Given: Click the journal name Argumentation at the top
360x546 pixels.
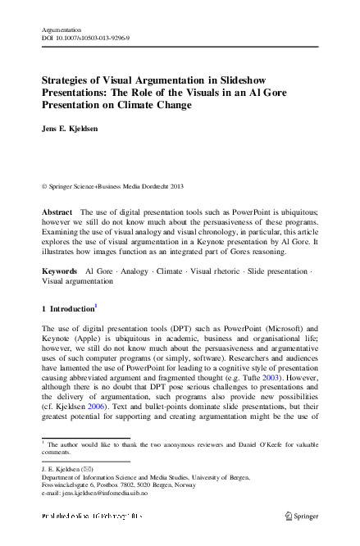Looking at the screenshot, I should [63, 28].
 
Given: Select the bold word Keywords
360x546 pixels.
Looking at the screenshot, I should [60, 270].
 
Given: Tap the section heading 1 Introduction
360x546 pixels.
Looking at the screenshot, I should [67, 311].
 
